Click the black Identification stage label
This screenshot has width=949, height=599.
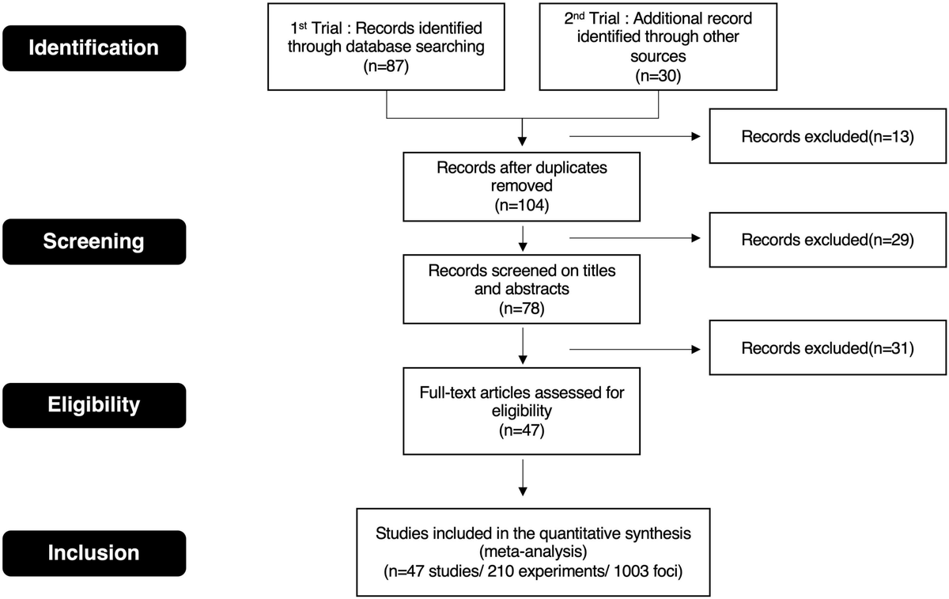[93, 47]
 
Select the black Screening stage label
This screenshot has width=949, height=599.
[93, 241]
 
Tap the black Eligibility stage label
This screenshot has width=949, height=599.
[93, 405]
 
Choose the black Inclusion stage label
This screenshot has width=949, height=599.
[93, 552]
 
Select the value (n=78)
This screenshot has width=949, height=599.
[522, 305]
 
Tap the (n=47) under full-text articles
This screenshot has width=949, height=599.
[522, 431]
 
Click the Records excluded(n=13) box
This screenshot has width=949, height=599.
[827, 136]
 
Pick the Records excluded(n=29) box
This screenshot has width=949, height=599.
[827, 240]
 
